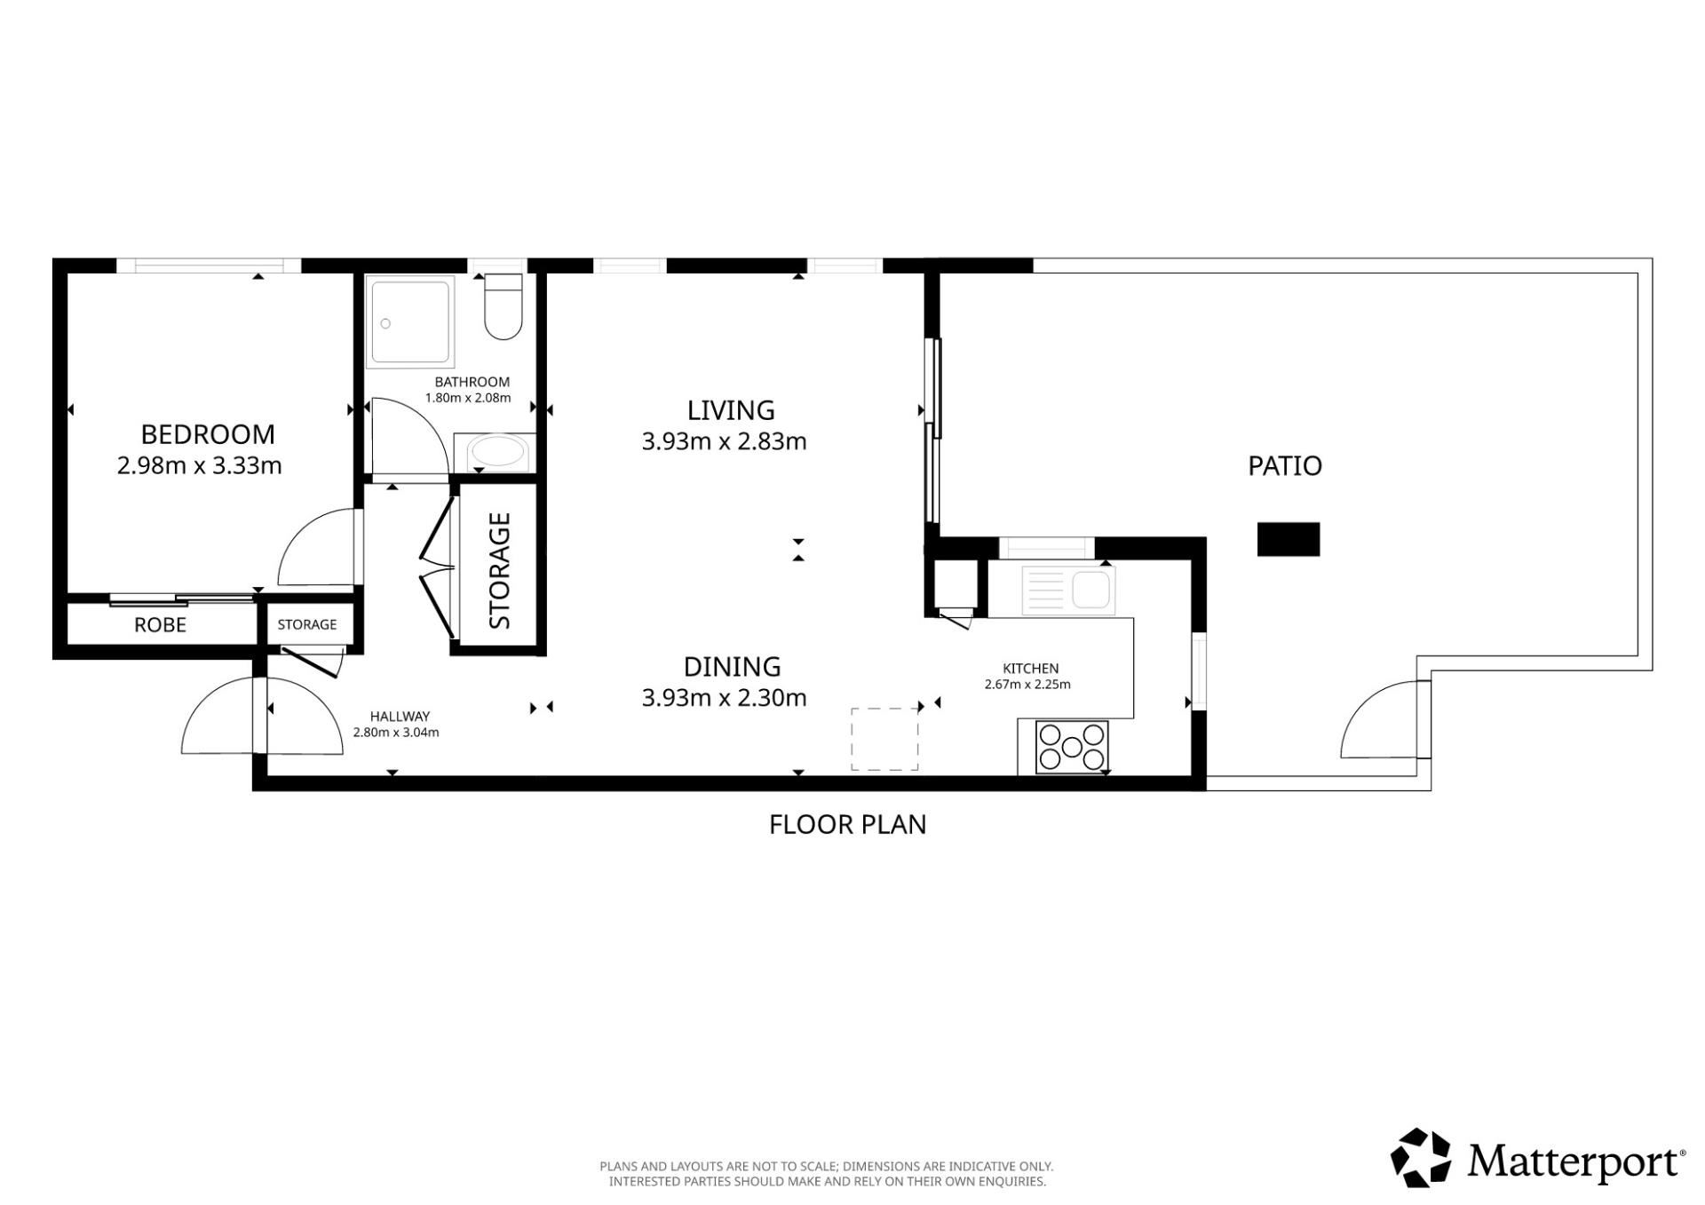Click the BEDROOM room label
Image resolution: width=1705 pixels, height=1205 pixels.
pos(208,434)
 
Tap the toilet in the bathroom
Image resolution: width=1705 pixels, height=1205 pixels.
pos(504,307)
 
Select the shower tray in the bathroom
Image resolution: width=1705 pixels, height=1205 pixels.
pos(410,321)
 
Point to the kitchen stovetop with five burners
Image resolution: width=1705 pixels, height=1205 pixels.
pos(1072,747)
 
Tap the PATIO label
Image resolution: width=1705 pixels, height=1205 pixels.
pos(1285,466)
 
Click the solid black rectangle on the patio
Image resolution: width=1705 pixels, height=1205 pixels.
pos(1289,539)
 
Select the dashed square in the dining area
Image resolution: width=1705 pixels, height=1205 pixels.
pos(884,739)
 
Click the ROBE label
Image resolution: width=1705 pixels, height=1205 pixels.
pos(161,625)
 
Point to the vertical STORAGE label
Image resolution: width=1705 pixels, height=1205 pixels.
pos(500,570)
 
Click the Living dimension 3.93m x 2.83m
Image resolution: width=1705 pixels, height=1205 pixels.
pos(725,441)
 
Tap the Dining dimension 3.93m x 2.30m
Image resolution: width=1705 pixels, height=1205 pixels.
pos(725,698)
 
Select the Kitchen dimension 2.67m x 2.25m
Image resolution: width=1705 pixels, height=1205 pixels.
pos(1027,685)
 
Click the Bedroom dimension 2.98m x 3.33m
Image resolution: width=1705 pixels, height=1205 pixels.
pos(200,465)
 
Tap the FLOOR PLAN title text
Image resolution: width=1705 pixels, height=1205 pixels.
pos(848,825)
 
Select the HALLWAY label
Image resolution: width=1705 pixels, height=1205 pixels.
pos(400,717)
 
